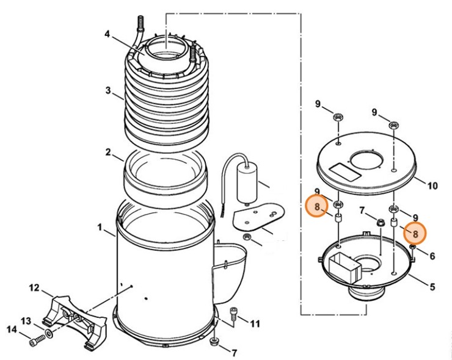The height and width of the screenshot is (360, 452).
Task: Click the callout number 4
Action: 107,35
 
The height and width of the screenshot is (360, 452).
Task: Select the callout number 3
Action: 108,91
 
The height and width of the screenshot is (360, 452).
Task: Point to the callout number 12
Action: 34,287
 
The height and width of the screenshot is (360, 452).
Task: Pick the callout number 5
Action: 432,286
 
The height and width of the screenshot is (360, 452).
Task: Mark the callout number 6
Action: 432,256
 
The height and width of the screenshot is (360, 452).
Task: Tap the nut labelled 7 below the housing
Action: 213,340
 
